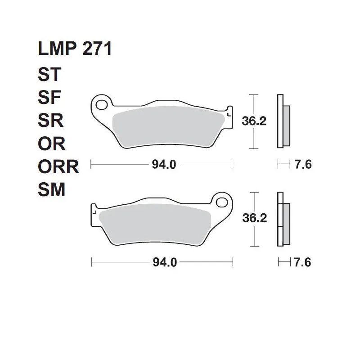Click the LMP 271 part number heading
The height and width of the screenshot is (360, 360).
pos(75,49)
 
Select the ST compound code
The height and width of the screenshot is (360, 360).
pos(49,74)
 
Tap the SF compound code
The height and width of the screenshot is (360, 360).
pos(49,97)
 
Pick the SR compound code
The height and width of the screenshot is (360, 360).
pos(50,120)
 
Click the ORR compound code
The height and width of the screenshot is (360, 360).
pos(58,166)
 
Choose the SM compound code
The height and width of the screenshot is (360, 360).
pos(52,189)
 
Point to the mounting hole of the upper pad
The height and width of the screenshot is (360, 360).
pos(102,105)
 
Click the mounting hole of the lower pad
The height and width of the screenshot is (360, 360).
pos(222,202)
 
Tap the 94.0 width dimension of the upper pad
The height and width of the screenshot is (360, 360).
pos(164,165)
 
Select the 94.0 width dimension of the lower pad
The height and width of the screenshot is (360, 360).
pos(165,262)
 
